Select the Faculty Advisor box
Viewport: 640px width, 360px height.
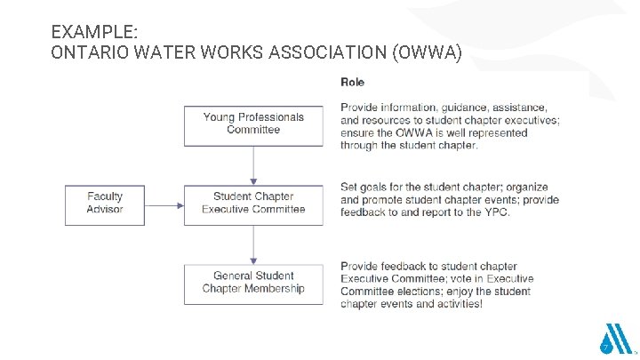(105, 204)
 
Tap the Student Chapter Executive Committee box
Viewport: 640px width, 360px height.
(253, 204)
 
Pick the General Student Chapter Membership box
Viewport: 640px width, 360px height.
(253, 283)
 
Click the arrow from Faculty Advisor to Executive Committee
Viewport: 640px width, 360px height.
(164, 204)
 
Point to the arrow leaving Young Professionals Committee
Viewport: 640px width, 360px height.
(253, 164)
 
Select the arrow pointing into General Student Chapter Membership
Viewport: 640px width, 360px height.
(253, 244)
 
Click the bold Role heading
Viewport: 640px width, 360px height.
(353, 83)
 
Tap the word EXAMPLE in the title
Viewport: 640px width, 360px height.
(93, 31)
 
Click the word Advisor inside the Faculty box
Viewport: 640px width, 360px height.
(105, 210)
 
